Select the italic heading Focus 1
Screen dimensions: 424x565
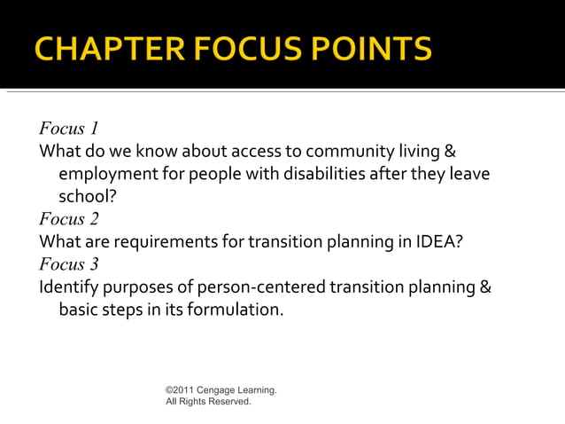tap(69, 130)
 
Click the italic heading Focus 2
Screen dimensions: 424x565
tap(69, 218)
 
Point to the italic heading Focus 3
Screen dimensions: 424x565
tap(69, 264)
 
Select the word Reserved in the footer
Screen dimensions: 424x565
tap(228, 402)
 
